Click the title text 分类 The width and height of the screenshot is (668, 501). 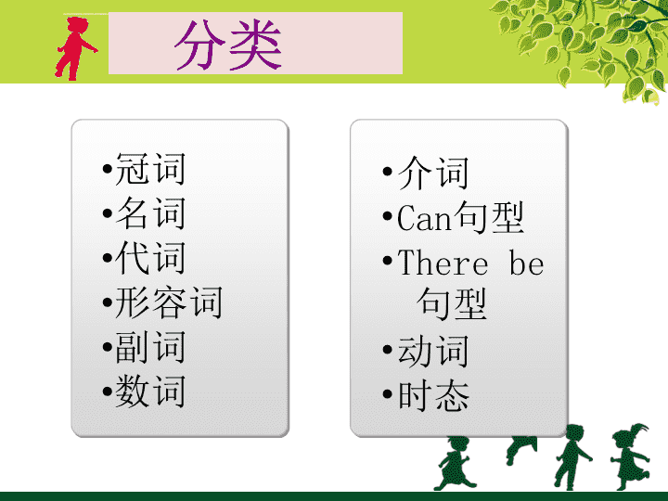[228, 45]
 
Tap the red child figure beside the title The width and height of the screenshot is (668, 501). [75, 48]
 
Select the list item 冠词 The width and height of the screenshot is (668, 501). [150, 169]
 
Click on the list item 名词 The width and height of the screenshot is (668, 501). [150, 213]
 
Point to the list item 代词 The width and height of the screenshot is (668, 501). [150, 257]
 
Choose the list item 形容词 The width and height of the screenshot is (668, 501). [169, 302]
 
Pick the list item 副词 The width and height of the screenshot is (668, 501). [150, 347]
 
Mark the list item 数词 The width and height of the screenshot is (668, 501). [150, 392]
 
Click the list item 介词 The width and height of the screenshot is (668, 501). [433, 173]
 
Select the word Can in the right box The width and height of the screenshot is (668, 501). [423, 218]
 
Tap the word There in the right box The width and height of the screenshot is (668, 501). [443, 263]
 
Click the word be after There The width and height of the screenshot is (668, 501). [527, 263]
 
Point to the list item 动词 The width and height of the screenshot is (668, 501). [433, 351]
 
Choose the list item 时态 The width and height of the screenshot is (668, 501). [433, 395]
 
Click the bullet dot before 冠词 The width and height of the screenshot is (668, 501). [108, 169]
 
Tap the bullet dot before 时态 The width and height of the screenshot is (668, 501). [387, 393]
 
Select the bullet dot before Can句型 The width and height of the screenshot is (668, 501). [387, 216]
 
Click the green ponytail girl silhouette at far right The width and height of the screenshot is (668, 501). [630, 456]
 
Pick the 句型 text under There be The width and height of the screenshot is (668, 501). [452, 303]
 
